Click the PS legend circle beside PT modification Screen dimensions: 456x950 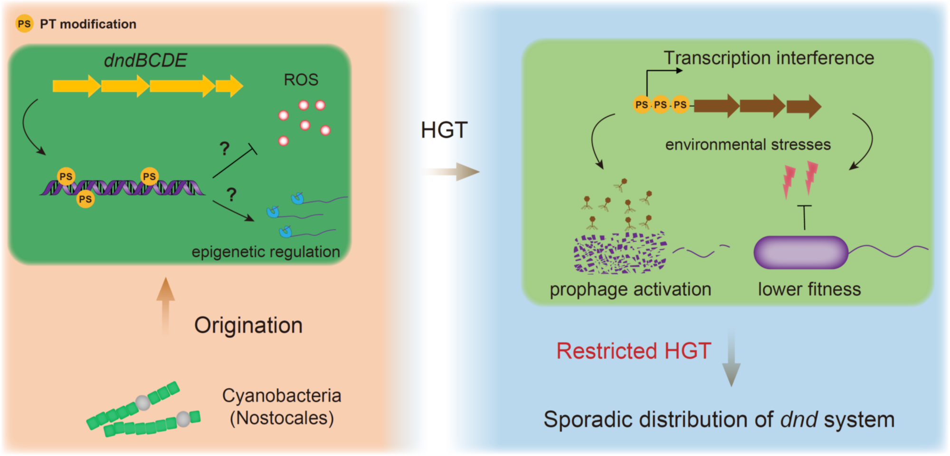[x=24, y=24]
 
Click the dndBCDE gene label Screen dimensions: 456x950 [x=145, y=60]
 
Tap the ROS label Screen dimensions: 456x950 [x=301, y=80]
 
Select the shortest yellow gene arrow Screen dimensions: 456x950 [x=229, y=86]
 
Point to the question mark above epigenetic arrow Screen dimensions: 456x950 [x=231, y=195]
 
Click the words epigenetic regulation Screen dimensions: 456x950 [x=266, y=251]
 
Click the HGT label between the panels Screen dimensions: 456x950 [x=444, y=130]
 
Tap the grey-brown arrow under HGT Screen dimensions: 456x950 [x=451, y=171]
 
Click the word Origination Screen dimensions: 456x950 [x=248, y=326]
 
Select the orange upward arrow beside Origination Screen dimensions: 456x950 [x=165, y=306]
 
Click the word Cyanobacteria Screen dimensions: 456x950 [x=282, y=395]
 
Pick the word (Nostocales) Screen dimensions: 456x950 [x=282, y=418]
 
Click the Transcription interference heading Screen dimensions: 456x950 [x=769, y=58]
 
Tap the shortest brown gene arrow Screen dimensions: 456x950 [x=804, y=106]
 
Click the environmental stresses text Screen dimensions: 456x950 [x=748, y=144]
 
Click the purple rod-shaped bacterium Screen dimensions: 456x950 [x=801, y=252]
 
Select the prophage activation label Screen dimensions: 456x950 [x=630, y=289]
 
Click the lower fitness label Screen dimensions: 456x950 [x=809, y=289]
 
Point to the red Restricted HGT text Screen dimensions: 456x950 [x=633, y=351]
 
